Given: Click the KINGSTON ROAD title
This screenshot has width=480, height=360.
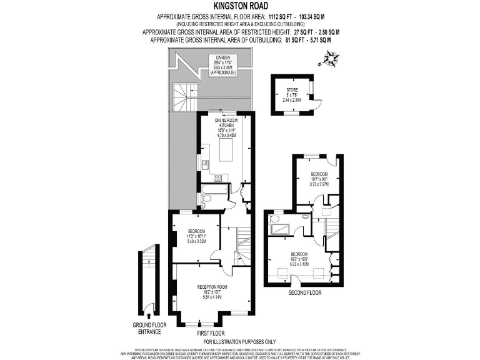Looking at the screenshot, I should (x=239, y=6).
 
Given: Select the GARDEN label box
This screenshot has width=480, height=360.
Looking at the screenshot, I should (x=223, y=64).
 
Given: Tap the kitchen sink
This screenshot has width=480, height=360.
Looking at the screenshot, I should (x=204, y=164).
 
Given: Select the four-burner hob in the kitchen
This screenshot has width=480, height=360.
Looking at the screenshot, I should (x=219, y=178).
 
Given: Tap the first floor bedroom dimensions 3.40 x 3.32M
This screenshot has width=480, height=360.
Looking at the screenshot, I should (x=193, y=241).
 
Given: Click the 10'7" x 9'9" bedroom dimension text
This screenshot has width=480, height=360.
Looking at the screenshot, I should (x=319, y=179).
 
